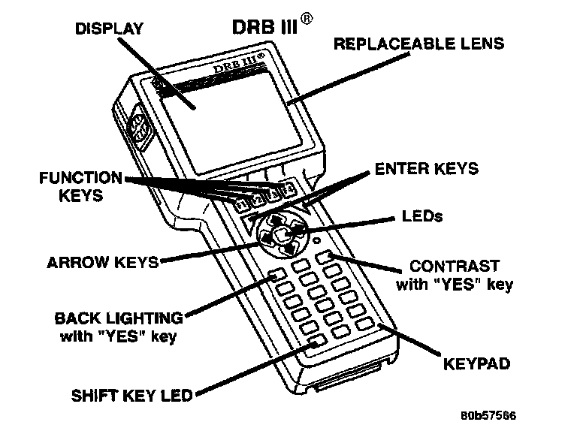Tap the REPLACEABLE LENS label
418,44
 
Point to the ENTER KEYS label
426,168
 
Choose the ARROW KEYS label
102,263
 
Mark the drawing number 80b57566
488,414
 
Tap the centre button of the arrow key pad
280,234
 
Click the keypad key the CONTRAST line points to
325,258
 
